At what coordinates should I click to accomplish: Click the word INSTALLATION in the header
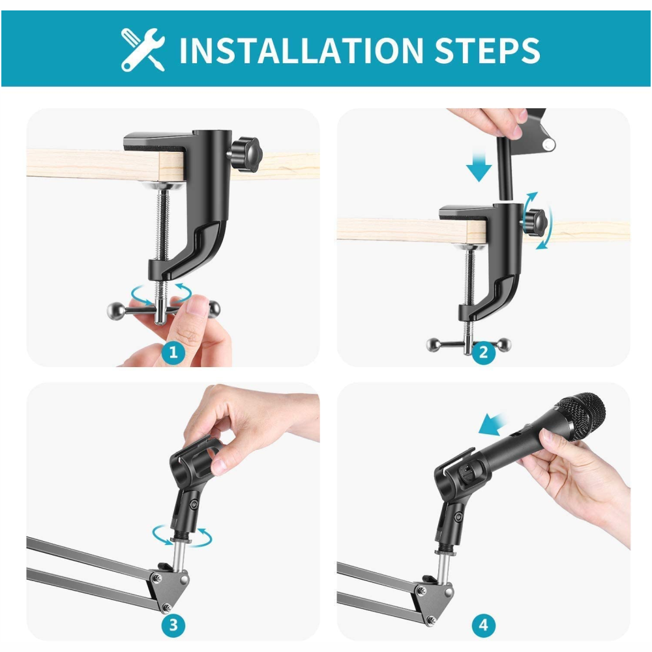301,50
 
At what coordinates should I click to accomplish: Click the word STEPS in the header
487,50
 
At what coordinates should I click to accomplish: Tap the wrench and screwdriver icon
143,50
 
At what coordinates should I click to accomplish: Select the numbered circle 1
173,353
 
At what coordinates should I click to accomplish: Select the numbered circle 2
483,353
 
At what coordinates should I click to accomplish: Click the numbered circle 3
173,625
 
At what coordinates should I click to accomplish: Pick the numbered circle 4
483,625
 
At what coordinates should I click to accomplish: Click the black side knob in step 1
246,155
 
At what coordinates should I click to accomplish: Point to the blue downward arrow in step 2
479,166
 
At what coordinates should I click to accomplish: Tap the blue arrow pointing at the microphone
493,424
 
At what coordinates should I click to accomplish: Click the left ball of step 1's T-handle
114,310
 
